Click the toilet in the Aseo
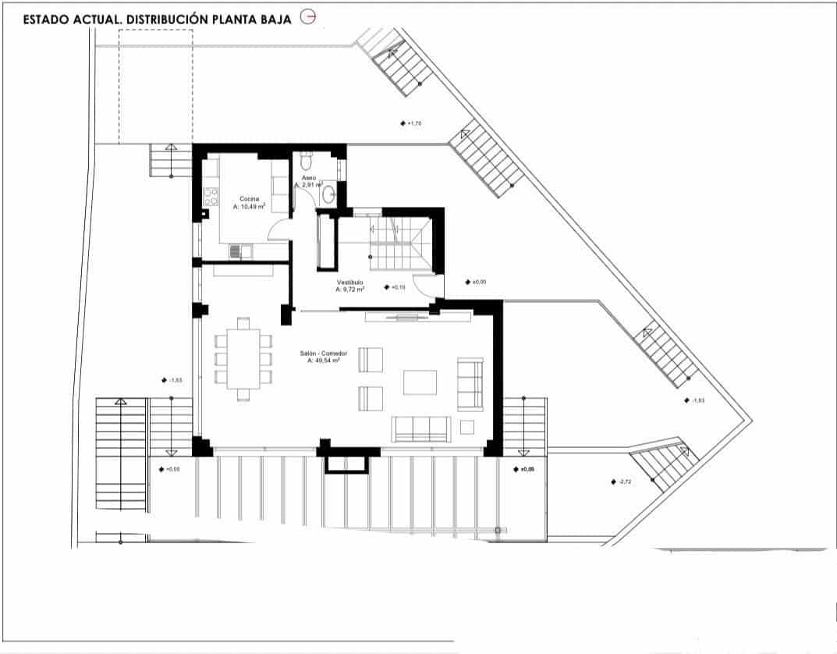coord(305,163)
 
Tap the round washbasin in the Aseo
coord(329,194)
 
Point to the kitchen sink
coord(241,251)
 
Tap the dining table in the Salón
coord(243,357)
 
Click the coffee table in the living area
coord(420,382)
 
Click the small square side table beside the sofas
coord(467,427)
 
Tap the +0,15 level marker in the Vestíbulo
coord(395,287)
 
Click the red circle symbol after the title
coord(308,18)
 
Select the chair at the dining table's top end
coord(243,322)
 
